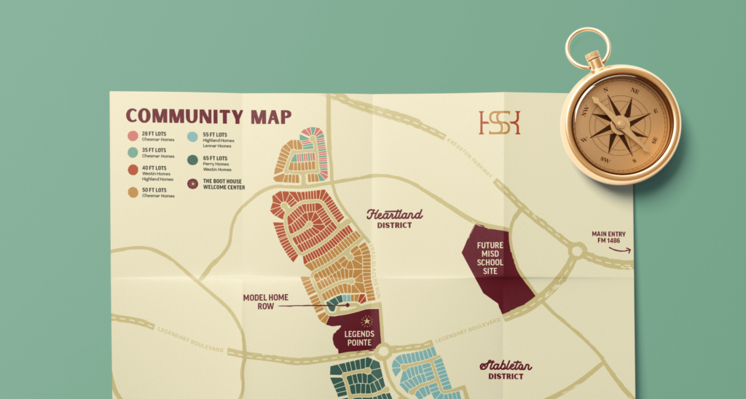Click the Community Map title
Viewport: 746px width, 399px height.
pyautogui.click(x=208, y=116)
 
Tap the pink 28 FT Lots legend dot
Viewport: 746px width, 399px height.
pyautogui.click(x=133, y=136)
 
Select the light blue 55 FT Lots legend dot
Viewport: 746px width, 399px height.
pyautogui.click(x=193, y=136)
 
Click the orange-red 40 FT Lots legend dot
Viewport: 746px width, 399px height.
pyautogui.click(x=133, y=170)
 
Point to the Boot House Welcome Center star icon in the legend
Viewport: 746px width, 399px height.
pyautogui.click(x=193, y=184)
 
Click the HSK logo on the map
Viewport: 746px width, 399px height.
pyautogui.click(x=500, y=122)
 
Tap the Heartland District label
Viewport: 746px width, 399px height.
pyautogui.click(x=394, y=218)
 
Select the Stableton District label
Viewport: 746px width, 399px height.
pyautogui.click(x=506, y=370)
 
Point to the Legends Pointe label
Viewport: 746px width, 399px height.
pyautogui.click(x=358, y=338)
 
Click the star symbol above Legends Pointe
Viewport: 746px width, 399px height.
pyautogui.click(x=367, y=320)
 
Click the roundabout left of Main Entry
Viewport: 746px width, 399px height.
pyautogui.click(x=577, y=252)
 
